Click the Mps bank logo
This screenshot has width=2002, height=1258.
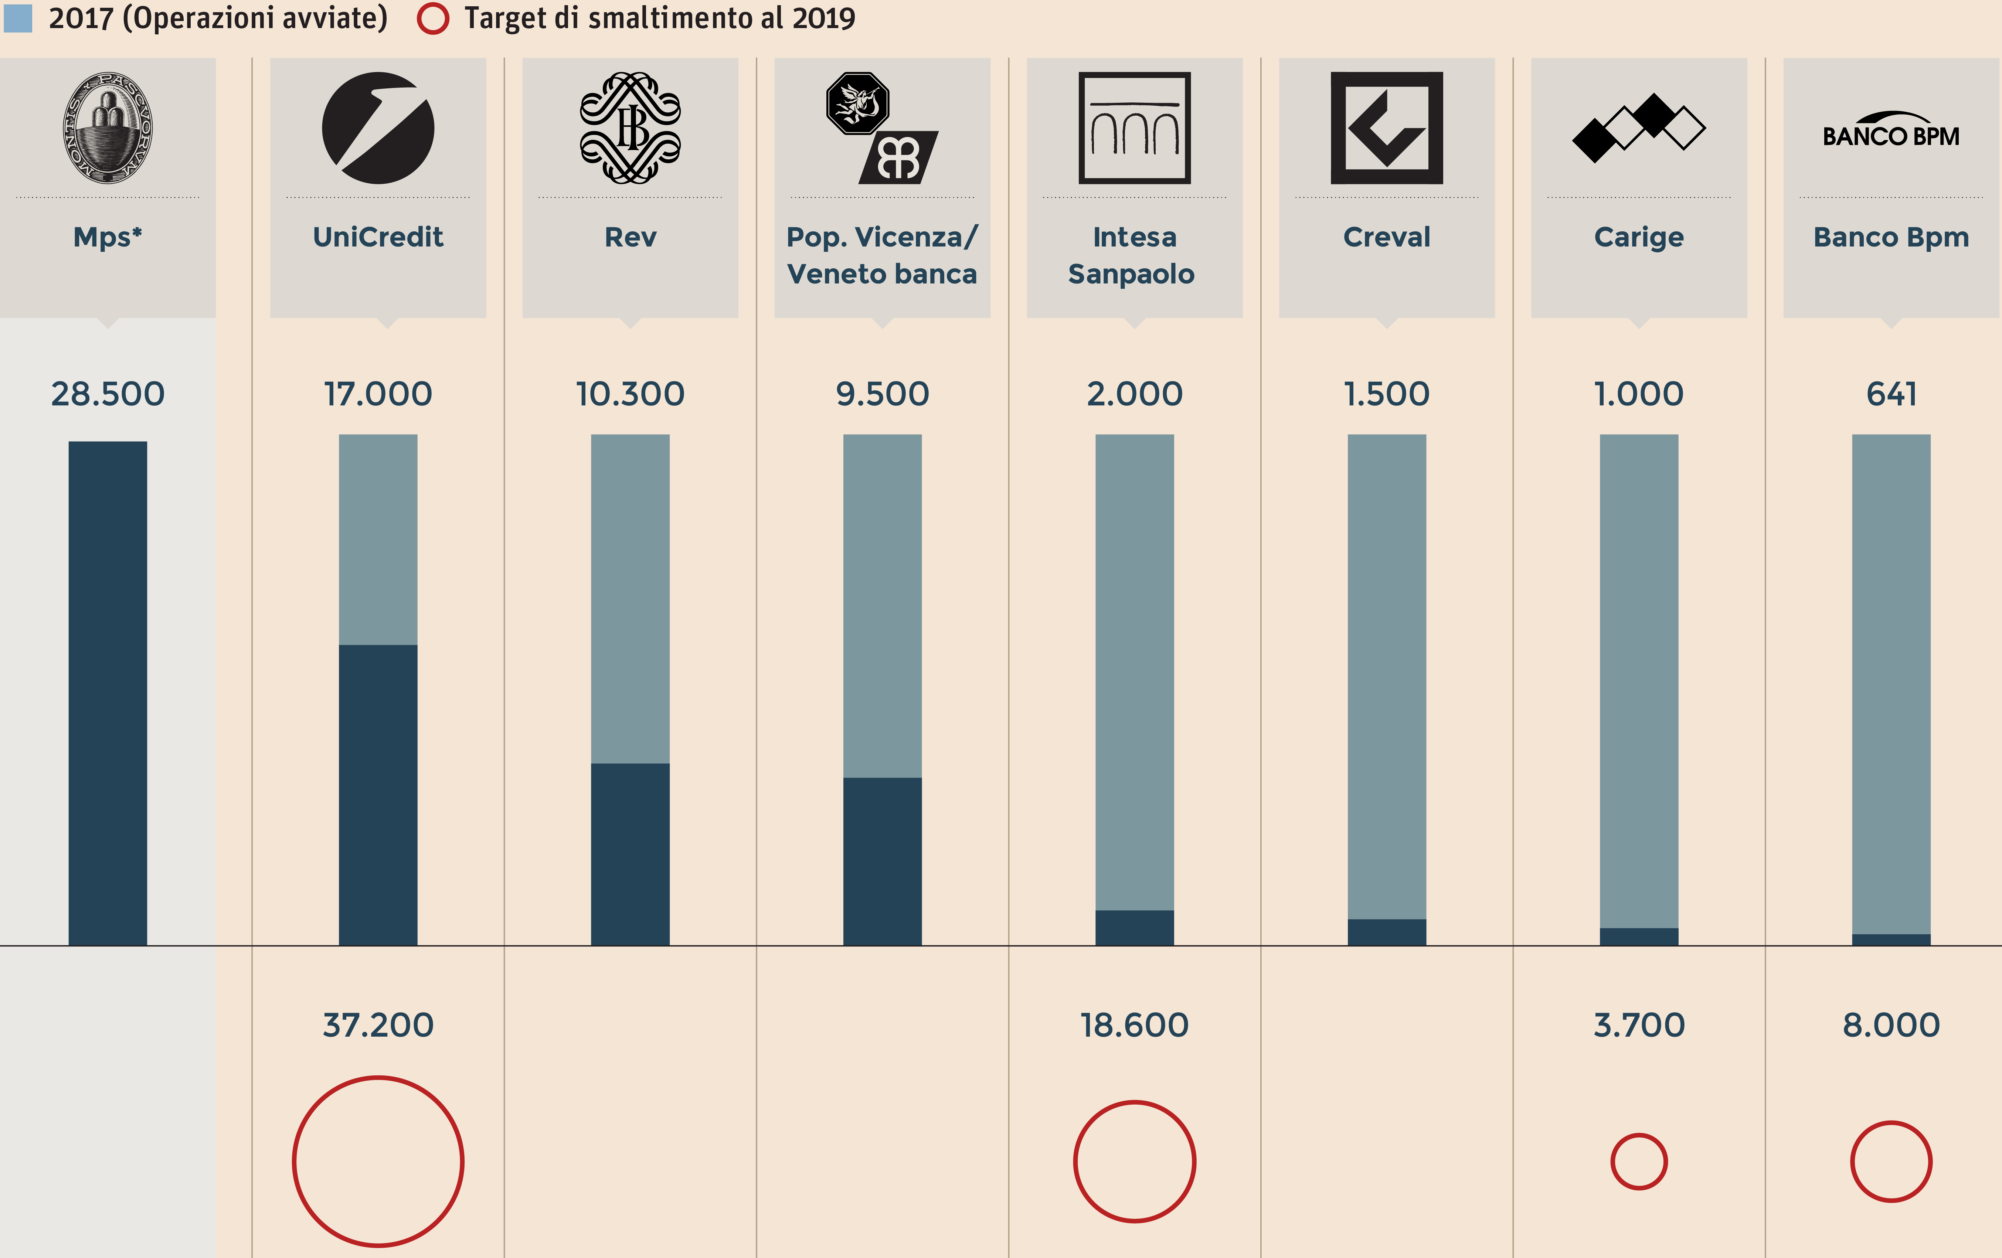[x=107, y=127]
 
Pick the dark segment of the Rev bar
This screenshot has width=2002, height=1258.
[x=630, y=854]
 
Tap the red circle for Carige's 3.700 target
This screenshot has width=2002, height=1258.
[x=1639, y=1162]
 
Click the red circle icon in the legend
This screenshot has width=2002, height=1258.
[x=432, y=18]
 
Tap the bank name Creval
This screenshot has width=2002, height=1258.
[x=1387, y=237]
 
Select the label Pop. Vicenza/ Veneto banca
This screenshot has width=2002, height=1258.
[x=882, y=255]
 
